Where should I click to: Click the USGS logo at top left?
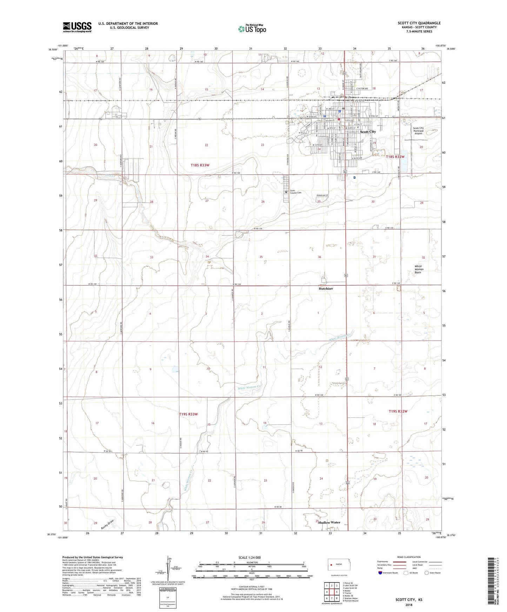click(77, 27)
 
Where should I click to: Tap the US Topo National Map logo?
click(252, 29)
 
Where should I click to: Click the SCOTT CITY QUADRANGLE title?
click(419, 23)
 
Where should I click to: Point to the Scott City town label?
click(368, 132)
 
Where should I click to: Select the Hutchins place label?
click(326, 289)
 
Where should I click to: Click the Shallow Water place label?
click(329, 522)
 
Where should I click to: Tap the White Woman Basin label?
click(419, 269)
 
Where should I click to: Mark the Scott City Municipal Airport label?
click(418, 131)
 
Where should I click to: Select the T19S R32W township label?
click(398, 411)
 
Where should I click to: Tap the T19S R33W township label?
click(188, 414)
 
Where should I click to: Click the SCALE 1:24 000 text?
click(249, 558)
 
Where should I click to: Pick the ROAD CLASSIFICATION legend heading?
click(409, 557)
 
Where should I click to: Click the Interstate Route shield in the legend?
click(380, 573)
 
